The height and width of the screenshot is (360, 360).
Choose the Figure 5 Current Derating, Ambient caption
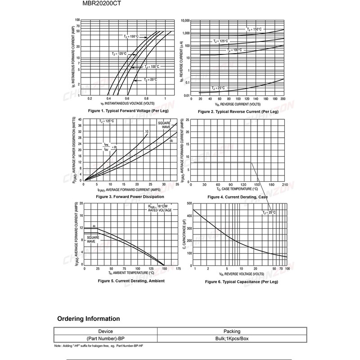coord(131,281)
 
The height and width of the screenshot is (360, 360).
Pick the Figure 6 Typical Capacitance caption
coord(242,282)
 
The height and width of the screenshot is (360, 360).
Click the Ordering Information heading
coord(89,319)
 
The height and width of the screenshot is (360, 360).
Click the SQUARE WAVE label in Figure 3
coord(163,125)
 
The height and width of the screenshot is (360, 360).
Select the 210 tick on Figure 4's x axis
coord(284,184)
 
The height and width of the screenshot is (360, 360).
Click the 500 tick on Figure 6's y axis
coord(189,203)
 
